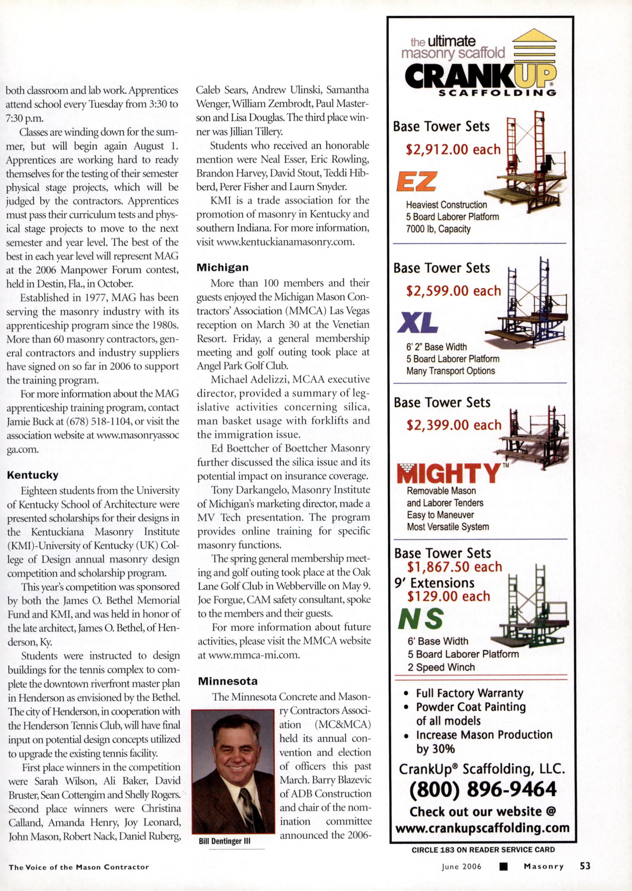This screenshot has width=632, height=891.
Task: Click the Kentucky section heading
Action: click(32, 475)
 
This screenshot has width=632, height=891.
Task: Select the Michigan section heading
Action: click(223, 268)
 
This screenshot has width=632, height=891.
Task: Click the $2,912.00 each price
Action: click(453, 149)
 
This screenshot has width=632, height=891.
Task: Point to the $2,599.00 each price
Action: click(453, 291)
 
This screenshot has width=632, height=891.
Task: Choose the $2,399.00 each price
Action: click(454, 425)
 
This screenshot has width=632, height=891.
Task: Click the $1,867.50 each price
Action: click(454, 567)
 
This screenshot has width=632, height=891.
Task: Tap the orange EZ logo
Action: click(416, 181)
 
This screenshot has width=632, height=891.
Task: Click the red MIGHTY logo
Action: click(448, 474)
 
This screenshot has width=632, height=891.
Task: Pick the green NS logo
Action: click(421, 619)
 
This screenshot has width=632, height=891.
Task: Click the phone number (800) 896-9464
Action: click(482, 789)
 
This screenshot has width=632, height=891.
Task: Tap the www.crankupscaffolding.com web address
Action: click(482, 828)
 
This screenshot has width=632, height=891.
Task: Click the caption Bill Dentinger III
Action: click(224, 841)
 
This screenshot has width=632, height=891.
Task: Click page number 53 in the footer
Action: click(585, 866)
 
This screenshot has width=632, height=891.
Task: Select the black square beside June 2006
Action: click(504, 867)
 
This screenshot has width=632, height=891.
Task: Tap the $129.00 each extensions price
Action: click(448, 597)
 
